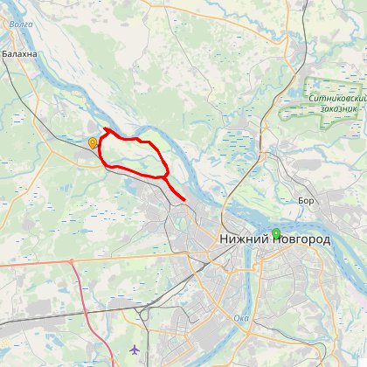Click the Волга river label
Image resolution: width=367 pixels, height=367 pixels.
(x=21, y=25)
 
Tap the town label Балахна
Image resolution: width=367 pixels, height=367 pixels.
(x=19, y=54)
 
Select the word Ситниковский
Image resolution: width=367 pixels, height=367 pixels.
(x=336, y=98)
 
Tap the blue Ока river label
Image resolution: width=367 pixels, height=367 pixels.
(x=241, y=318)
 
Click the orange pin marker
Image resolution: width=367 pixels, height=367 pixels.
(x=93, y=142)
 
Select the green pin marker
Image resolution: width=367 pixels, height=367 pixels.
(x=276, y=232)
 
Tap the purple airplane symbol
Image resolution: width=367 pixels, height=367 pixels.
(x=134, y=350)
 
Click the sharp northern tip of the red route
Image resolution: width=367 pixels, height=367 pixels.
(x=105, y=129)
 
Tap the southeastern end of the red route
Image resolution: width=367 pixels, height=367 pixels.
(x=184, y=200)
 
